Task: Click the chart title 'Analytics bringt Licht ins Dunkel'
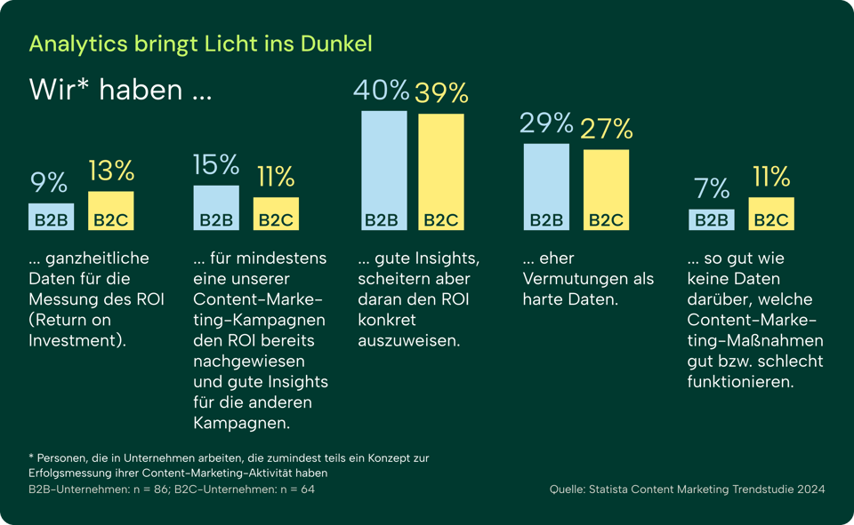pyautogui.click(x=200, y=44)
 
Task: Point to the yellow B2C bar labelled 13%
pyautogui.click(x=110, y=211)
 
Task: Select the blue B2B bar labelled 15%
pyautogui.click(x=216, y=207)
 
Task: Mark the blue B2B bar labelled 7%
pyautogui.click(x=712, y=219)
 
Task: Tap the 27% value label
pyautogui.click(x=606, y=129)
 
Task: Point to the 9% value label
pyautogui.click(x=49, y=183)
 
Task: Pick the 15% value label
pyautogui.click(x=216, y=164)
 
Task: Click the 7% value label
pyautogui.click(x=712, y=188)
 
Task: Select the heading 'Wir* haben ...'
pyautogui.click(x=120, y=90)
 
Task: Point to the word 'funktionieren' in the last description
pyautogui.click(x=740, y=382)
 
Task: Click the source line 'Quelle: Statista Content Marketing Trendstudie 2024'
pyautogui.click(x=687, y=489)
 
